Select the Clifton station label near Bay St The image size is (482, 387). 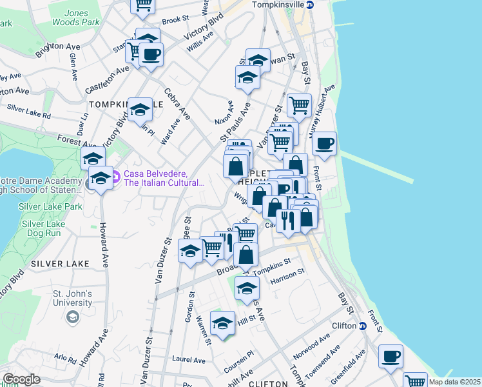(344, 326)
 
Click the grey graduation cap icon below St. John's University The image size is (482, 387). (73, 317)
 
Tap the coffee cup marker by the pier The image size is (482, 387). (325, 143)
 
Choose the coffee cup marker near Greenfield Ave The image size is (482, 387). (390, 356)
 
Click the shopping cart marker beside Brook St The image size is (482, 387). (142, 5)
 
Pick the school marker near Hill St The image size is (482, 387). (222, 324)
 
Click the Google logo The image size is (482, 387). (21, 379)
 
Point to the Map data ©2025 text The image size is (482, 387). (454, 382)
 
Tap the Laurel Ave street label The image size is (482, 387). (188, 359)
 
